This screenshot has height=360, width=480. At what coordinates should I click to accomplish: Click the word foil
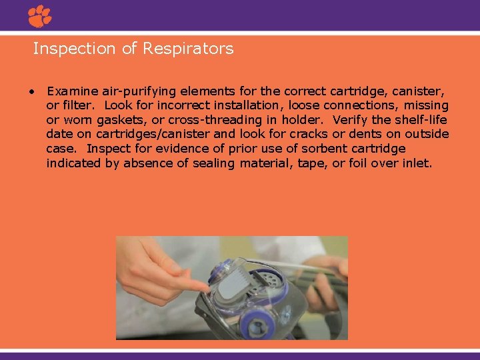point(349,163)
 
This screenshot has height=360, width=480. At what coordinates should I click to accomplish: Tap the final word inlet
point(417,163)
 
